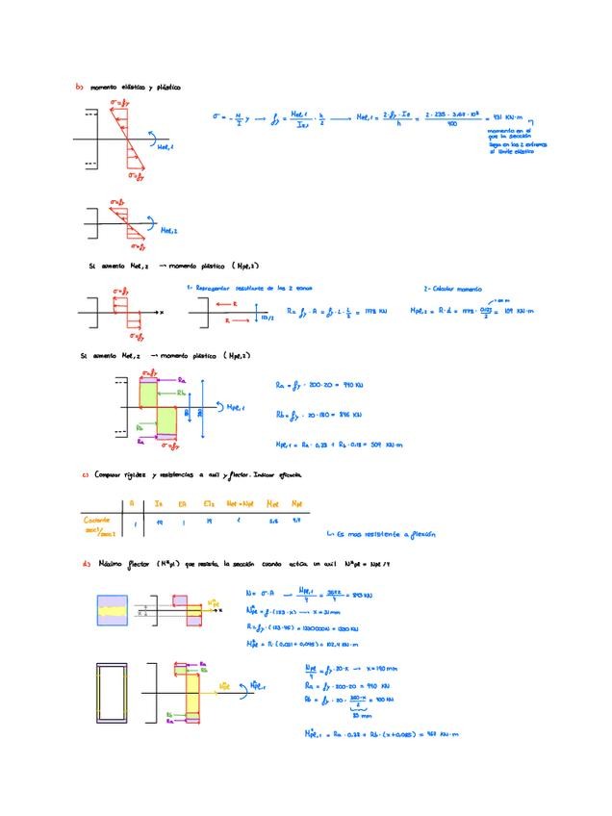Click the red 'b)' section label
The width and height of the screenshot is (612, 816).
[79, 87]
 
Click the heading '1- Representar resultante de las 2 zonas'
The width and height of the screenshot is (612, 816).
[248, 288]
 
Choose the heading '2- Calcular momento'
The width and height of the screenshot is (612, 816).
[454, 288]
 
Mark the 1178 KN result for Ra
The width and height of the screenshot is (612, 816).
[377, 311]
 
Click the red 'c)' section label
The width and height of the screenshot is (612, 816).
[85, 474]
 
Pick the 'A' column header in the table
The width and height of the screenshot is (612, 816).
[131, 503]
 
